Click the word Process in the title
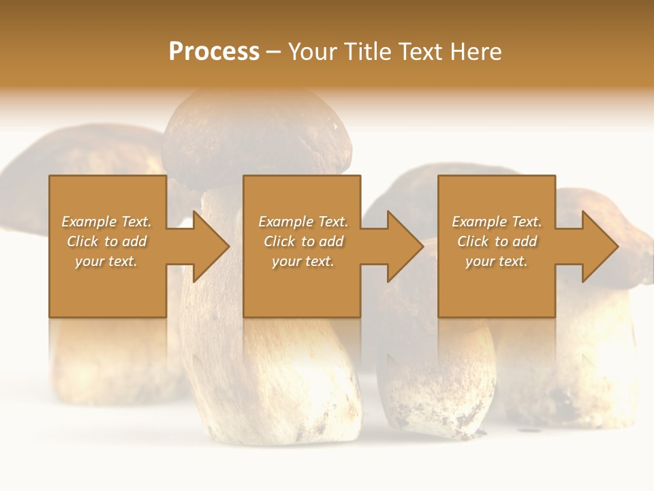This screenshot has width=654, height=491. click(x=214, y=52)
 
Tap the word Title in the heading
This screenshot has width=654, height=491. click(x=368, y=52)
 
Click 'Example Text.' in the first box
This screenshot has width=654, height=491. click(x=106, y=222)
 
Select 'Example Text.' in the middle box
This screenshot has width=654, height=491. click(x=303, y=222)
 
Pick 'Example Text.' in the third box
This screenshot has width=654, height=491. click(x=497, y=222)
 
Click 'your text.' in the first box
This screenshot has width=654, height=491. click(x=106, y=261)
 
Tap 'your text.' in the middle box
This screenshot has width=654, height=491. click(x=303, y=261)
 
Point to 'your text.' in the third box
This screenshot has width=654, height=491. click(x=497, y=261)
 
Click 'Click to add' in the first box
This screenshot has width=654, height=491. click(x=106, y=241)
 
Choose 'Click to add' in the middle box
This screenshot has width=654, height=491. click(x=303, y=241)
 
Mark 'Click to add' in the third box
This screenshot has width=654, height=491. click(x=497, y=241)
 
